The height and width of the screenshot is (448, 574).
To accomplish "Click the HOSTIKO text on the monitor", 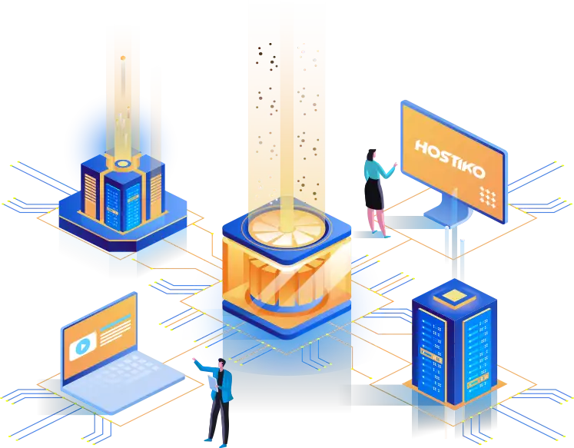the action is point(450,159).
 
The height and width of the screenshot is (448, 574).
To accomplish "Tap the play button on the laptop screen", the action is point(83,346).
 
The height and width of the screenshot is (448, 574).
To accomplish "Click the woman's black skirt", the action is point(373,194).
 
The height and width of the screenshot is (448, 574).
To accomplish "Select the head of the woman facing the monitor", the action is point(371,154).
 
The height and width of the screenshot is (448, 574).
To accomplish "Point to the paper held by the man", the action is point(213,383).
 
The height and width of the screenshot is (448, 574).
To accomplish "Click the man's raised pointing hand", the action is point(194,360).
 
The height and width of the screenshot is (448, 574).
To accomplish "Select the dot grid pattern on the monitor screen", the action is point(488,197).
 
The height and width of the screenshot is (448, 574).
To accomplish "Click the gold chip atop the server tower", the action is point(454,296).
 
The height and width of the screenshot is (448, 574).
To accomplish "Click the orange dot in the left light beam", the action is point(123,58).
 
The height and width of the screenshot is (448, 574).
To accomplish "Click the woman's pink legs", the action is point(377,221).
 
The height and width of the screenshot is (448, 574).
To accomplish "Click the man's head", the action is point(222,363).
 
